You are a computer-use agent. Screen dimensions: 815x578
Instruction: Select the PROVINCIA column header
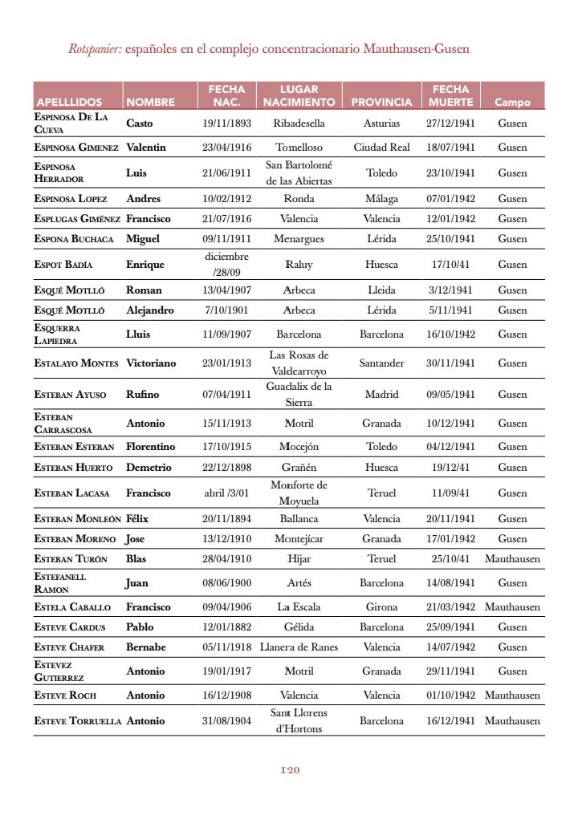[381, 102]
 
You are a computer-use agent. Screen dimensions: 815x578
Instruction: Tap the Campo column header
[512, 102]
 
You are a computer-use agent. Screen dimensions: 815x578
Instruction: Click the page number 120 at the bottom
[290, 770]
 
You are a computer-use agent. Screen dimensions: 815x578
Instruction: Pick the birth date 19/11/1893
[226, 124]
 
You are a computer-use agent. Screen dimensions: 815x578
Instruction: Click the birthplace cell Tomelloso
[299, 148]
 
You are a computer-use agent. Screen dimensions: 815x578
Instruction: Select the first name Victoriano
[151, 363]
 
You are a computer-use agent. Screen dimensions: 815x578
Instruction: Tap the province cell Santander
[381, 363]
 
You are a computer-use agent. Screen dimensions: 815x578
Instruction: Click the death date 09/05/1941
[450, 395]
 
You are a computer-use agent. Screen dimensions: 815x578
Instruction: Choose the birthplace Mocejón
[299, 447]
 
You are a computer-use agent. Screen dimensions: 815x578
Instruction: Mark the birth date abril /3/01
[226, 493]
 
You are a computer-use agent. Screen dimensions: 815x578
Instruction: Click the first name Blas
[136, 559]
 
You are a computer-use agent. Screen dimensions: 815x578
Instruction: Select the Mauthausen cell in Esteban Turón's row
[512, 559]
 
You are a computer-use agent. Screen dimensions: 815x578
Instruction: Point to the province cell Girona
[381, 607]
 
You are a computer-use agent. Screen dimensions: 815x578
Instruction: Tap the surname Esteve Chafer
[69, 647]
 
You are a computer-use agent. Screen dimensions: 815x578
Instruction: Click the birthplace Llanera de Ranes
[299, 647]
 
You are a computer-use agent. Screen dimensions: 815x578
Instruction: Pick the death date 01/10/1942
[450, 695]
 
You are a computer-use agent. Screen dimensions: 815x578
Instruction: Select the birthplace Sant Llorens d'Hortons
[299, 720]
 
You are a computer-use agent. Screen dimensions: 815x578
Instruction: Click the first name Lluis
[138, 335]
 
